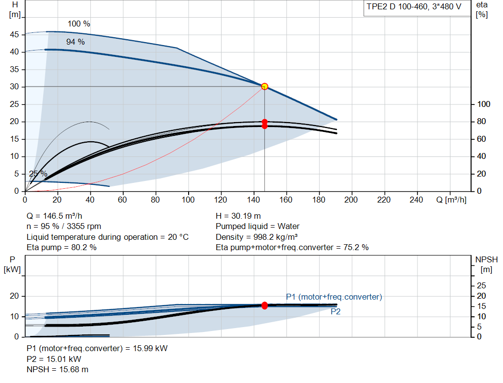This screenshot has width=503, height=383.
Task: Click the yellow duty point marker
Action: pyautogui.click(x=264, y=86)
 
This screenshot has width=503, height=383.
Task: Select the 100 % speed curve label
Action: pyautogui.click(x=79, y=24)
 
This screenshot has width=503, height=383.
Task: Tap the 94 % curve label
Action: pyautogui.click(x=75, y=42)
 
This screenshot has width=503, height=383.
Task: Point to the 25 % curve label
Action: pyautogui.click(x=38, y=174)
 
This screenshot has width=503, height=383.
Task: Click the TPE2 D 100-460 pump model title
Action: pyautogui.click(x=414, y=7)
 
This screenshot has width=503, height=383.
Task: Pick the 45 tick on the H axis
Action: pyautogui.click(x=14, y=35)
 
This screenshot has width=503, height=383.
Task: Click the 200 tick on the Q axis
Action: pyautogui.click(x=351, y=200)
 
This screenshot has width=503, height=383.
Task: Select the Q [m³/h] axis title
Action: pyautogui.click(x=451, y=200)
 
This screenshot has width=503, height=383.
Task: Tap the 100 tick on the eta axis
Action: pyautogui.click(x=483, y=104)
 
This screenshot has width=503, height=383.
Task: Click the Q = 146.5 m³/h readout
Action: pyautogui.click(x=54, y=216)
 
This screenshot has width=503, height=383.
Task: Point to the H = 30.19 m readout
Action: pyautogui.click(x=238, y=216)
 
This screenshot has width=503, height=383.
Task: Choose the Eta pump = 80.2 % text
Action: pyautogui.click(x=61, y=248)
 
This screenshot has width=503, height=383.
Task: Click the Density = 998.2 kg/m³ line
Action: pyautogui.click(x=256, y=237)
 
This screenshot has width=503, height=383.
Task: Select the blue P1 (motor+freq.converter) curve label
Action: pyautogui.click(x=334, y=297)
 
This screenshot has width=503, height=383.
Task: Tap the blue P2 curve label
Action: pyautogui.click(x=335, y=311)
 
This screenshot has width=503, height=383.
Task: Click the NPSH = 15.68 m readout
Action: pyautogui.click(x=57, y=370)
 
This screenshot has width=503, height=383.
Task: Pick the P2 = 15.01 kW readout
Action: pyautogui.click(x=54, y=359)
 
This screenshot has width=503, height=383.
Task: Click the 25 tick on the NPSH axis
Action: pyautogui.click(x=481, y=285)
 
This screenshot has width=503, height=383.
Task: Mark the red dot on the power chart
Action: pyautogui.click(x=264, y=306)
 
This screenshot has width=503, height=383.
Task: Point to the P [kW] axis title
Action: pyautogui.click(x=12, y=264)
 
